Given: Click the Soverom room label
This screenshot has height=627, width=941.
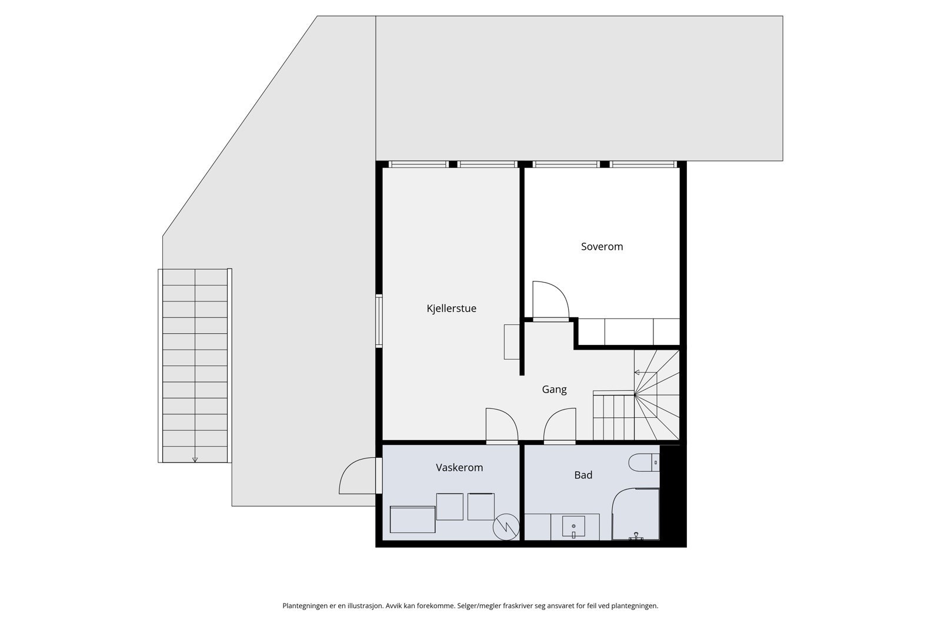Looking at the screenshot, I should pyautogui.click(x=602, y=247).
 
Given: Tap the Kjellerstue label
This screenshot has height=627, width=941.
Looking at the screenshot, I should pyautogui.click(x=451, y=309).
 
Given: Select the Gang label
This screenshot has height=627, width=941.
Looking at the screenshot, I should pyautogui.click(x=554, y=389).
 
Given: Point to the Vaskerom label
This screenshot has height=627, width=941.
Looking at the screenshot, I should pyautogui.click(x=459, y=468).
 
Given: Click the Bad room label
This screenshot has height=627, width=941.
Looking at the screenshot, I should pyautogui.click(x=583, y=475).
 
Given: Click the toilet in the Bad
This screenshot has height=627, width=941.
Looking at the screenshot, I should pyautogui.click(x=644, y=463).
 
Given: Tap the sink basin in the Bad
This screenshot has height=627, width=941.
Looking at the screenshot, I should pyautogui.click(x=573, y=527).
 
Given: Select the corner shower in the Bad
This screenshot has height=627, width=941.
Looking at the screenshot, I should pyautogui.click(x=636, y=514).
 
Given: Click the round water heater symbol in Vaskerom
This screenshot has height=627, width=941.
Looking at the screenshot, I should pyautogui.click(x=506, y=527).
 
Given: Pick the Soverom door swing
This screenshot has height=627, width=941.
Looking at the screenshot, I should pyautogui.click(x=550, y=300).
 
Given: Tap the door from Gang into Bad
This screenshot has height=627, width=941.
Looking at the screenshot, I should pyautogui.click(x=559, y=426).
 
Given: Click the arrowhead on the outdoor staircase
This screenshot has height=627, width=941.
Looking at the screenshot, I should pyautogui.click(x=195, y=460).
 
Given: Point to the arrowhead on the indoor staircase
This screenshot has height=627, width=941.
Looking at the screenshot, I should pyautogui.click(x=636, y=372).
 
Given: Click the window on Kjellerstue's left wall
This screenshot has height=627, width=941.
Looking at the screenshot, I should pyautogui.click(x=379, y=321).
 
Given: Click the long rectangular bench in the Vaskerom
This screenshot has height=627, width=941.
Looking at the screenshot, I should pyautogui.click(x=412, y=520).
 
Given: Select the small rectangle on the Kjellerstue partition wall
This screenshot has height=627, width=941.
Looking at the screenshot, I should pyautogui.click(x=512, y=341).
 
